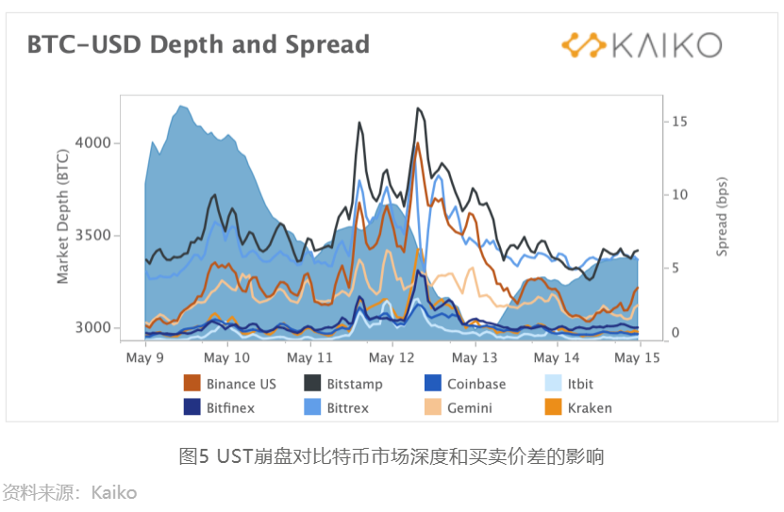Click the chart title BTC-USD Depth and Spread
click(198, 44)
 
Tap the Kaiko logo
click(641, 44)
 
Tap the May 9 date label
click(145, 358)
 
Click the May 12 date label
click(392, 358)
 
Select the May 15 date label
click(639, 358)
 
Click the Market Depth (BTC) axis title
click(63, 216)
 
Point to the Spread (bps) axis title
click(722, 217)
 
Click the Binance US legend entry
click(230, 384)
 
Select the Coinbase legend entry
click(465, 384)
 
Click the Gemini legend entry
click(459, 408)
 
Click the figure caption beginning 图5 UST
click(391, 457)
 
